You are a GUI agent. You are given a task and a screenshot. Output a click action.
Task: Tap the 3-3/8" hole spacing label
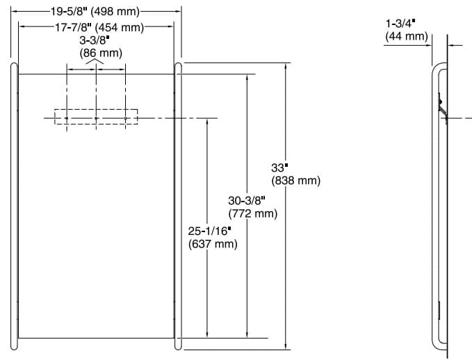[96, 41]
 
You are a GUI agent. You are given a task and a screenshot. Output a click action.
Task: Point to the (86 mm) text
[96, 53]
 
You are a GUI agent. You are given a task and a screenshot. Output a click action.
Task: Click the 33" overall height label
[279, 167]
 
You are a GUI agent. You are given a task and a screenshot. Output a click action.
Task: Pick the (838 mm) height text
[296, 181]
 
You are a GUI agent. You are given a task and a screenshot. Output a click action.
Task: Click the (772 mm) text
[253, 213]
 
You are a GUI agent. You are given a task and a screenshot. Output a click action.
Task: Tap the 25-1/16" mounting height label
[209, 230]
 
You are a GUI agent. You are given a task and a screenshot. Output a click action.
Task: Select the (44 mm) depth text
[406, 36]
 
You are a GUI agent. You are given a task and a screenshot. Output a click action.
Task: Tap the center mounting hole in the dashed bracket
[96, 118]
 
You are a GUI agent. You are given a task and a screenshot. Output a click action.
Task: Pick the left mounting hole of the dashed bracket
[67, 118]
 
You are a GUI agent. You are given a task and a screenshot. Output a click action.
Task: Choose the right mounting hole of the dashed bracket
[125, 118]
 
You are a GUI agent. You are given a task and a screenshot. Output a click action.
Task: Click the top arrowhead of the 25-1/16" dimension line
[207, 122]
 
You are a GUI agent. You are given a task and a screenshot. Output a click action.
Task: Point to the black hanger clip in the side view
[440, 106]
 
